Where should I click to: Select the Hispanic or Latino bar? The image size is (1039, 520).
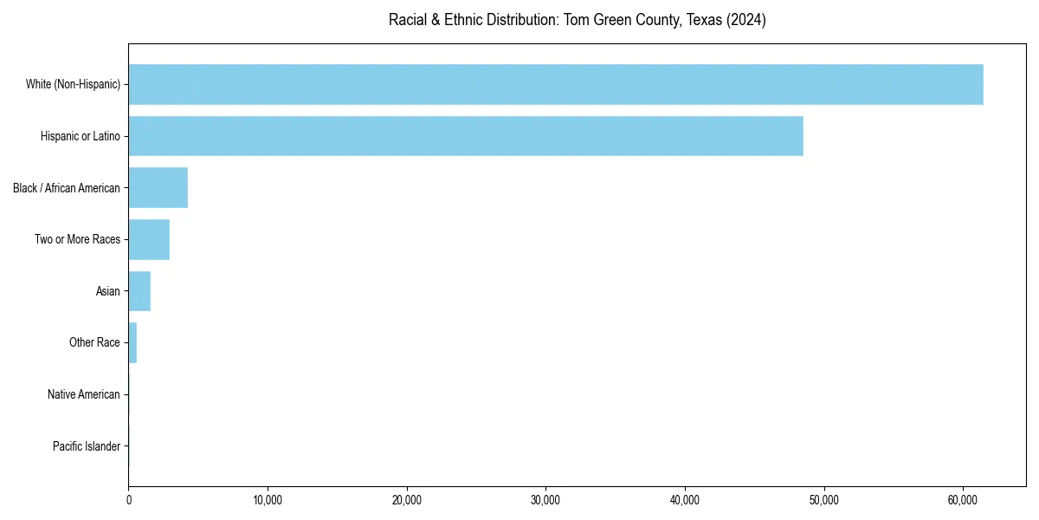pyautogui.click(x=466, y=136)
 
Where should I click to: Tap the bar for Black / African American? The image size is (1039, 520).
pyautogui.click(x=158, y=188)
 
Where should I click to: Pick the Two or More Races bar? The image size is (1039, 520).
pyautogui.click(x=149, y=239)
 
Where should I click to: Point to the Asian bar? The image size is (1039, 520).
pyautogui.click(x=139, y=291)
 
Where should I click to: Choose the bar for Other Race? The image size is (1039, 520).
pyautogui.click(x=132, y=342)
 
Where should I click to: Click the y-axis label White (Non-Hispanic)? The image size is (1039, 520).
pyautogui.click(x=73, y=84)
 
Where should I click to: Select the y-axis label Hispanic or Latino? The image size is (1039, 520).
pyautogui.click(x=81, y=136)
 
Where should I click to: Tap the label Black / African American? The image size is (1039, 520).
pyautogui.click(x=67, y=188)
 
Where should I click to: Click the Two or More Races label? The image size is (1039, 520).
pyautogui.click(x=78, y=239)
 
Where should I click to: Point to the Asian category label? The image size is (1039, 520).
pyautogui.click(x=108, y=291)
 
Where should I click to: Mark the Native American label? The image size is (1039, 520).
pyautogui.click(x=84, y=394)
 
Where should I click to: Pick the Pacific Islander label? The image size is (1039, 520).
pyautogui.click(x=87, y=446)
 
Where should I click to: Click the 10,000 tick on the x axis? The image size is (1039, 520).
pyautogui.click(x=268, y=500)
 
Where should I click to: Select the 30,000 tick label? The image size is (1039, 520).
pyautogui.click(x=545, y=500)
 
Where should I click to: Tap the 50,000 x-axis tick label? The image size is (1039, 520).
pyautogui.click(x=823, y=500)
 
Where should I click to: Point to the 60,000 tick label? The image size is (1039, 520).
pyautogui.click(x=963, y=500)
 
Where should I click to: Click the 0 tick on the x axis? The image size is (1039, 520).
pyautogui.click(x=129, y=500)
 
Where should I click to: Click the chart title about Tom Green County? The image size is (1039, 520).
pyautogui.click(x=577, y=21)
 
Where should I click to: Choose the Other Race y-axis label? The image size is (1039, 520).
pyautogui.click(x=94, y=342)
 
